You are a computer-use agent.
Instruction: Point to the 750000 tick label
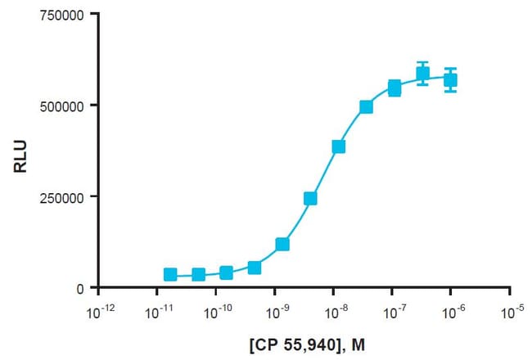coord(62,15)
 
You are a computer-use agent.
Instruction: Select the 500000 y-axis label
coord(62,106)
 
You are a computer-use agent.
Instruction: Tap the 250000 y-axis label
coord(62,197)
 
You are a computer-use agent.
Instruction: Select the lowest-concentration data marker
coord(170,275)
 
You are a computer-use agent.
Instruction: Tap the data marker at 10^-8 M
coord(338,146)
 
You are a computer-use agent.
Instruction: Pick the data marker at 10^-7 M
coord(394,88)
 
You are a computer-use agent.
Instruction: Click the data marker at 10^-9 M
coord(282,244)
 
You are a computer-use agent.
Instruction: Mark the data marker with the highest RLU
coord(422,74)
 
